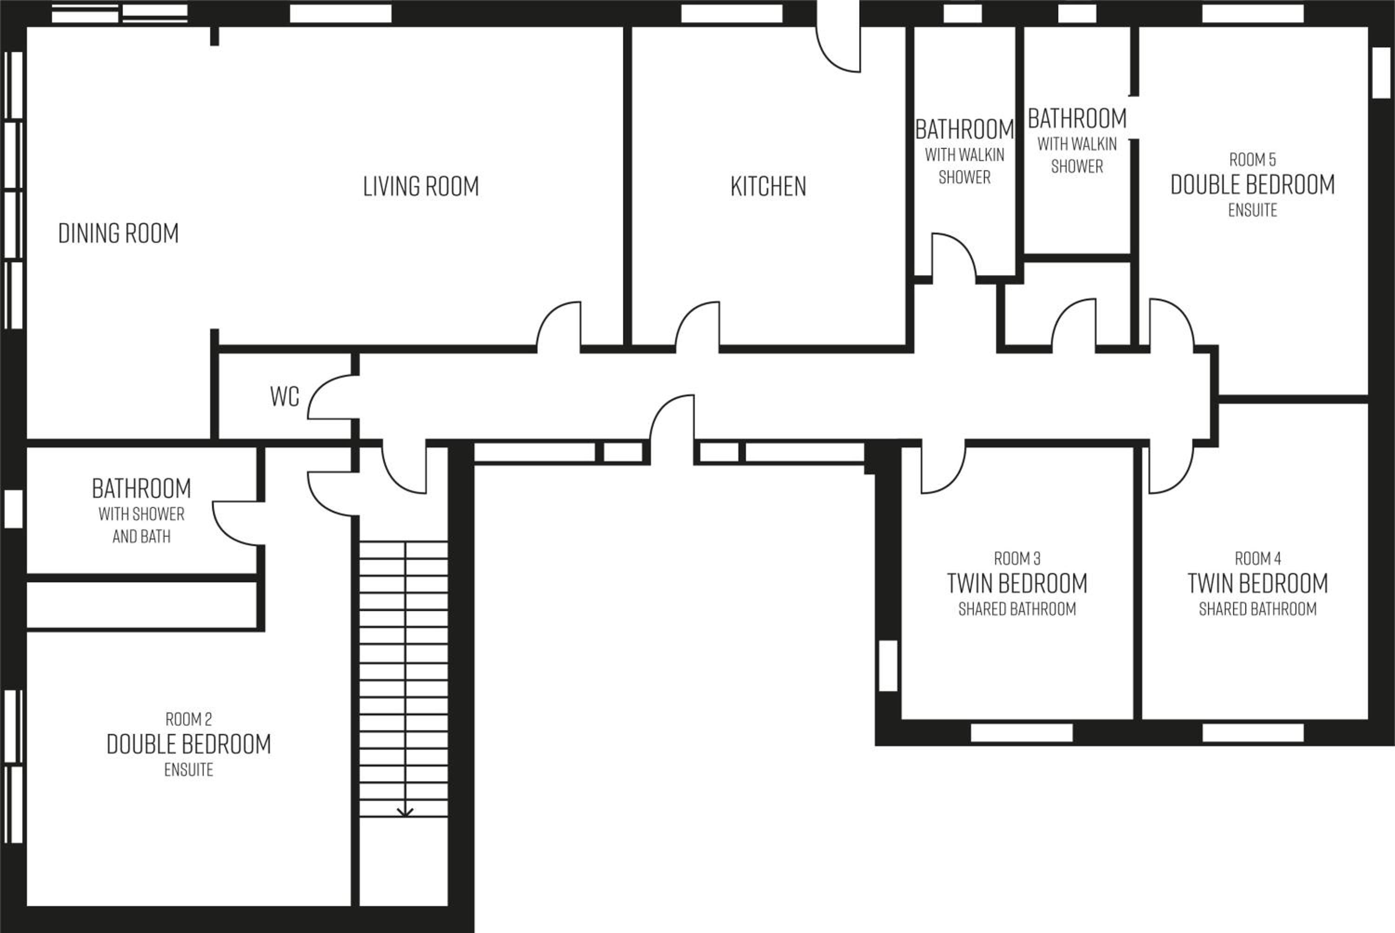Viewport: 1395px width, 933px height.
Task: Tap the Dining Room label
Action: pos(119,233)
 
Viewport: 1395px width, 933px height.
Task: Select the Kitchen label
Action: pos(768,186)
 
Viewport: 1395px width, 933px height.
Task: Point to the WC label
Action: pos(285,396)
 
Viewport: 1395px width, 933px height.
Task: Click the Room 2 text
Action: pos(189,720)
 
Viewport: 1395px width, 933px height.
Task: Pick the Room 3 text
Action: pos(1017,559)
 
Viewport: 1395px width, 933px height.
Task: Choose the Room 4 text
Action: pos(1257,559)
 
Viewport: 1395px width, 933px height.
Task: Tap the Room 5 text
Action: pos(1252,160)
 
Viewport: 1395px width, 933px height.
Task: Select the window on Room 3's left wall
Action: pos(888,666)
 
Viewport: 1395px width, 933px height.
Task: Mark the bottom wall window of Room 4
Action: pos(1253,733)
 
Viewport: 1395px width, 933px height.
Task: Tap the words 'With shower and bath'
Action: pos(141,525)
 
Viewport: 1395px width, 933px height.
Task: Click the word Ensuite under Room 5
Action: pos(1252,210)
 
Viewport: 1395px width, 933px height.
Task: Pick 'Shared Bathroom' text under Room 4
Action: pos(1257,609)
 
